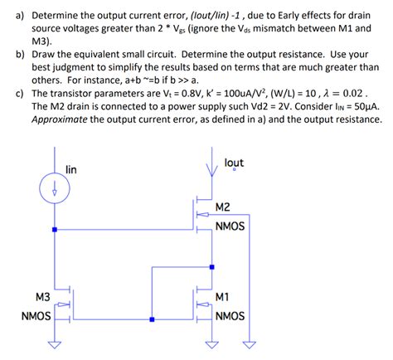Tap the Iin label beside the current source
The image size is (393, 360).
coord(71,169)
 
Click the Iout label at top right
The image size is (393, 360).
coord(234,163)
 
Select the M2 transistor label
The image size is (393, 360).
coord(223,207)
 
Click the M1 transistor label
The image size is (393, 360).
coord(222,296)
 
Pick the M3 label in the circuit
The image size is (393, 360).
coord(42,296)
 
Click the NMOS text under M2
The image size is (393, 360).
coord(230,226)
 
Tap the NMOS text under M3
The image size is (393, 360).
coord(37,316)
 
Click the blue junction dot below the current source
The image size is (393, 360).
coord(55,229)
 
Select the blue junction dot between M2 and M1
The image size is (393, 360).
coord(213,267)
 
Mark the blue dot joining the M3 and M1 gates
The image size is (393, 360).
coord(152,319)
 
